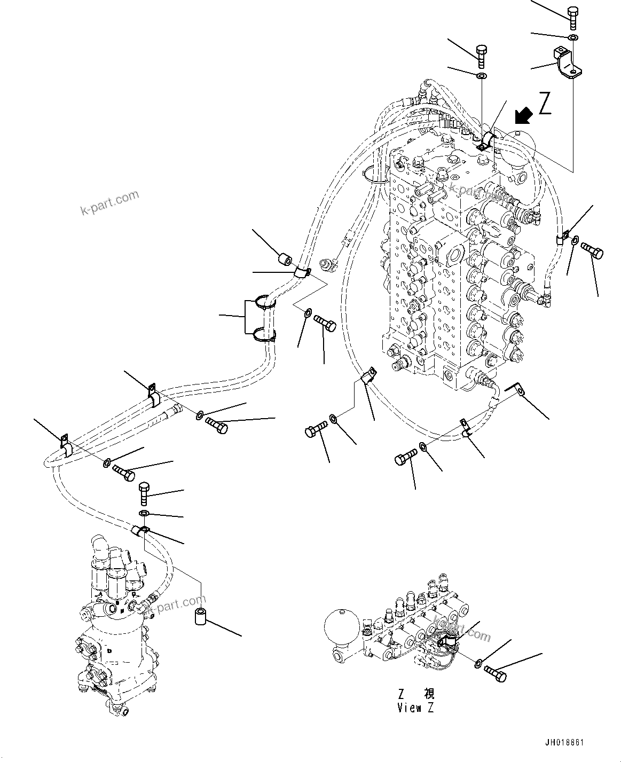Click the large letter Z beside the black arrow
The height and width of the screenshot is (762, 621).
[545, 104]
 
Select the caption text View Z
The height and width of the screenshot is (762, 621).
[415, 708]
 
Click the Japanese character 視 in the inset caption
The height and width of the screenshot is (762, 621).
[429, 694]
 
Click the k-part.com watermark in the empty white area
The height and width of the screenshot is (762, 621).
[109, 203]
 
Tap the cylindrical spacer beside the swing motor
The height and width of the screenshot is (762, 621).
[200, 618]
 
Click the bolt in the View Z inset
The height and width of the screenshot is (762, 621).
[495, 673]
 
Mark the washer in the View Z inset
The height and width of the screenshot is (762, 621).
[478, 664]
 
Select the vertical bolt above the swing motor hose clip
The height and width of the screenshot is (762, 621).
[144, 492]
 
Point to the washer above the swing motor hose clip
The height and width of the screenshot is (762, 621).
[144, 513]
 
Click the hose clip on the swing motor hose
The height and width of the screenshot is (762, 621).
[141, 530]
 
